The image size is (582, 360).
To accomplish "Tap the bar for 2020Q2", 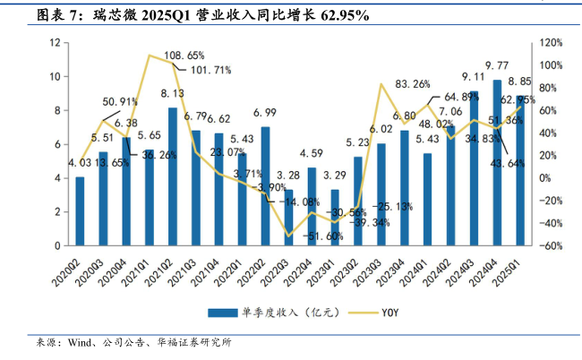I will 80,211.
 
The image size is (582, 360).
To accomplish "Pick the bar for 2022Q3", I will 288,218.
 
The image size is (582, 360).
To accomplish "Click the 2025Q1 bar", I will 520,171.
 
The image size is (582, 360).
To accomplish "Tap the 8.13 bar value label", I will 173,93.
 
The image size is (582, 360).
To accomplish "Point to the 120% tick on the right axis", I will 551,43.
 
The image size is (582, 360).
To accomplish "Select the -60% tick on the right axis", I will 551,245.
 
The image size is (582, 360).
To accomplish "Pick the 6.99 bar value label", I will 265,113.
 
